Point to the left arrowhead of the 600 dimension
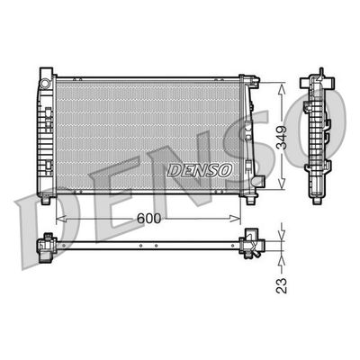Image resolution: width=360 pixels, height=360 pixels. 60,217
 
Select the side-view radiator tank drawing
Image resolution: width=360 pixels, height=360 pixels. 322,135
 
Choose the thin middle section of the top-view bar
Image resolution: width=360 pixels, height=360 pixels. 148,244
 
